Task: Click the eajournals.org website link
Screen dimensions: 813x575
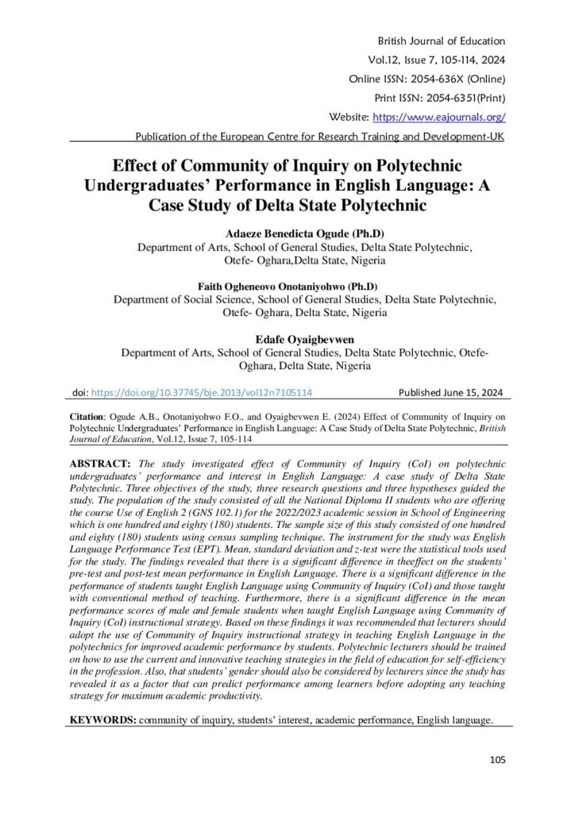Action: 450,118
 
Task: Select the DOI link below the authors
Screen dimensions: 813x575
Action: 202,392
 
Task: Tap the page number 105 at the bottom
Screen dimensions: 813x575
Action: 497,760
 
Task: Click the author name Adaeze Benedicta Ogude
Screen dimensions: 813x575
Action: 287,234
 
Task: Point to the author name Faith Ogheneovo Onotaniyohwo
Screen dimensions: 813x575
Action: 287,286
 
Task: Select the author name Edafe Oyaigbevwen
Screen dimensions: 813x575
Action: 287,339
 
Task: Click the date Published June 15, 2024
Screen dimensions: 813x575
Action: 451,392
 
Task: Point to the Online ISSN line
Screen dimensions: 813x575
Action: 427,79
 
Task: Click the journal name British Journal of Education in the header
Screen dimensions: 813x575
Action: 442,41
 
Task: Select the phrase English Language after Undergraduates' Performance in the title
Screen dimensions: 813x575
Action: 372,186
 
